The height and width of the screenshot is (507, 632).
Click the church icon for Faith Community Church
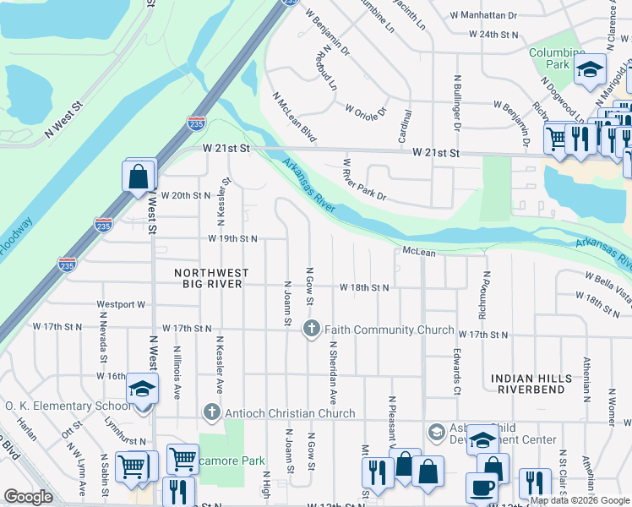pos(312,330)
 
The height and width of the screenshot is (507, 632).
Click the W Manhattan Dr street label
pos(484,15)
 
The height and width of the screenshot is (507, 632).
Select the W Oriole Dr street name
pos(365,110)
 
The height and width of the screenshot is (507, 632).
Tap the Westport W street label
pos(122,304)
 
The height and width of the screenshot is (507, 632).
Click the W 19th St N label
pos(232,239)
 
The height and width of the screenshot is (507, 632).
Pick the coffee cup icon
pos(482,488)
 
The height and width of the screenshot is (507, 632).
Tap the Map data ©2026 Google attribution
pos(580,500)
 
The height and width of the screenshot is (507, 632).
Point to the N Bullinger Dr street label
pos(455,106)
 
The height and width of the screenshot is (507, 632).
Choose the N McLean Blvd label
pos(295,117)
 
